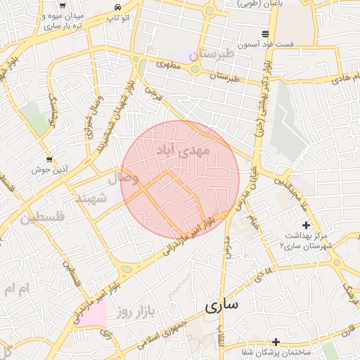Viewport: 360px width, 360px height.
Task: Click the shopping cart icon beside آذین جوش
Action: [x=49, y=160]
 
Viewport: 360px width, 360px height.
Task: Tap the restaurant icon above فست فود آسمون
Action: [x=265, y=33]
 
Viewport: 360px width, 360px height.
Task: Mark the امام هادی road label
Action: [x=344, y=76]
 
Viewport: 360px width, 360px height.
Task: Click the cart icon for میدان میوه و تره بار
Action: [x=63, y=5]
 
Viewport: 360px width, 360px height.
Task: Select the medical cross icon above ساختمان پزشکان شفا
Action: [x=276, y=341]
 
